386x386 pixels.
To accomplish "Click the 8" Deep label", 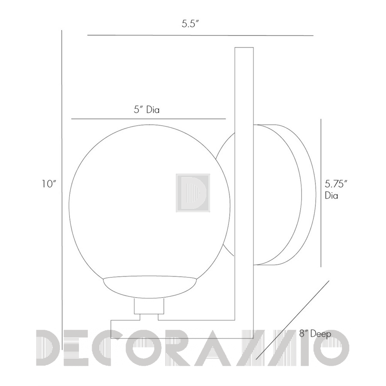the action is (x=315, y=334).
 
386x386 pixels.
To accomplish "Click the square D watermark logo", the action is (x=193, y=193).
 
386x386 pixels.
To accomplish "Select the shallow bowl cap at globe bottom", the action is (x=150, y=287).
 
